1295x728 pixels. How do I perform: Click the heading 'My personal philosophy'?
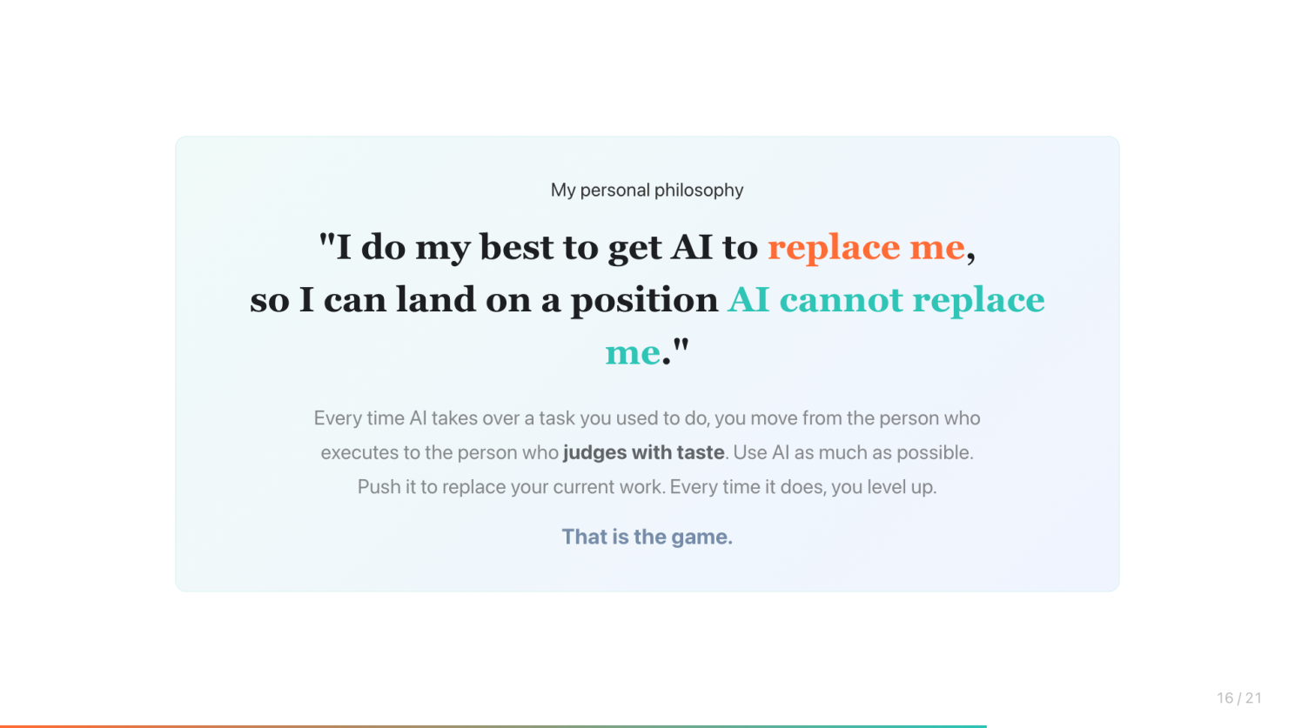click(x=647, y=190)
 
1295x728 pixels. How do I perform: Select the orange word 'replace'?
click(x=834, y=248)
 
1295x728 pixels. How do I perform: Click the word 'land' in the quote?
click(x=435, y=299)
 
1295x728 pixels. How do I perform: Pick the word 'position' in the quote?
click(x=644, y=300)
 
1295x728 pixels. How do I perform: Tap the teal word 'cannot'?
click(x=842, y=300)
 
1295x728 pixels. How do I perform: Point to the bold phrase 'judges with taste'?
click(x=643, y=452)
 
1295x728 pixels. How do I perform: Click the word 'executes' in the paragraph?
click(x=359, y=452)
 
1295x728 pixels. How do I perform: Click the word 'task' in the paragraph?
click(x=557, y=418)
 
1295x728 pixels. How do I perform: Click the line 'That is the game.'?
click(x=647, y=538)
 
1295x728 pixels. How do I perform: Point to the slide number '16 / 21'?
click(x=1239, y=698)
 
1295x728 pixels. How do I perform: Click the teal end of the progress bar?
click(x=984, y=726)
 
